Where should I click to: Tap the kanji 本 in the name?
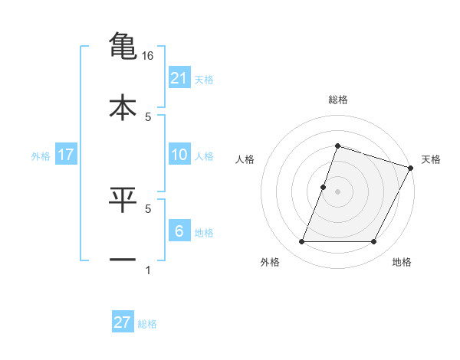pos(123,106)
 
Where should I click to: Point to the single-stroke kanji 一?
pos(123,260)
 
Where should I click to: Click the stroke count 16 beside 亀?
pos(148,56)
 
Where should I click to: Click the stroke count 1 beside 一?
pos(148,270)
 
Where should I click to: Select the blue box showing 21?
pos(179,78)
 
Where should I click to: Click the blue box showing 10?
pos(179,155)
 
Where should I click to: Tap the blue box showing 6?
pos(179,231)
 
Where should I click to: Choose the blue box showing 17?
pos(66,155)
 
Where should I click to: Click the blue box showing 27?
pos(123,322)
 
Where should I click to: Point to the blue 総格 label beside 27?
pos(147,324)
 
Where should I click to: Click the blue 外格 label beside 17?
pos(41,156)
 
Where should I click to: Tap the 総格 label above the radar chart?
pos(338,100)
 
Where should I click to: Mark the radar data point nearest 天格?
pos(411,167)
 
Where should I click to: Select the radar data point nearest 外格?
pos(302,242)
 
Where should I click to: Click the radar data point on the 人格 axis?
pos(324,187)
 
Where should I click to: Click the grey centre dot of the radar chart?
pos(338,191)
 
